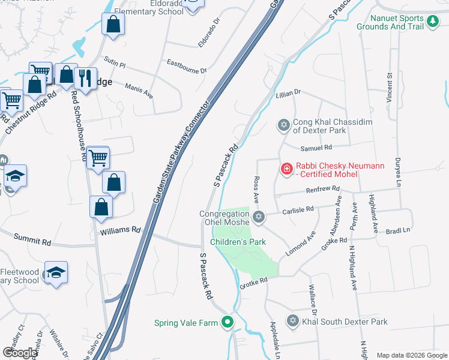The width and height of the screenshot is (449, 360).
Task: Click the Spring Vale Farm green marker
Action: point(227,323)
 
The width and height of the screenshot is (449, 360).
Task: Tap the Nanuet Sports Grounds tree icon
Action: point(433,22)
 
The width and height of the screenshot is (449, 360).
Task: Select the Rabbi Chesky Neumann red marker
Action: point(287,169)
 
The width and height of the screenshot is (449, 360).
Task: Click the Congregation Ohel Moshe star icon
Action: point(259,217)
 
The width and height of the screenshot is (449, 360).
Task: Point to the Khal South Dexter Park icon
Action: point(292,322)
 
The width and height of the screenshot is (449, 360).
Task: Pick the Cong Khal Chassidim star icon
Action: point(283,125)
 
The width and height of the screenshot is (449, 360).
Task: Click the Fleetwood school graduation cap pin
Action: point(56,273)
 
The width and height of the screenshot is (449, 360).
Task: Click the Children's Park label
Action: point(238,242)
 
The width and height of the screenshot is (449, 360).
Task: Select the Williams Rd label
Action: point(120,230)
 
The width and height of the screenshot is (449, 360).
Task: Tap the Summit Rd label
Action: point(38,241)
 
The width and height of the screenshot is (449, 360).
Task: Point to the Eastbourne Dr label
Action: point(187,66)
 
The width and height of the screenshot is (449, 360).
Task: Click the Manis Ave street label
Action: point(139,91)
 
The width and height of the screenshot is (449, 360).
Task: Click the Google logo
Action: point(20,352)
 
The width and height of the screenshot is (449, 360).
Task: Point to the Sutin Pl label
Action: point(113,62)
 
